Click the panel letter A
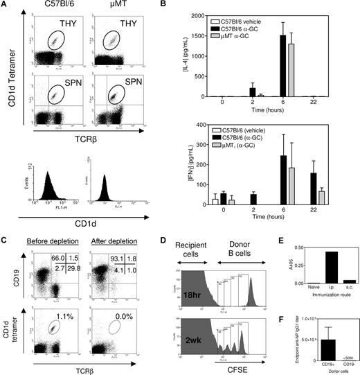[6, 6]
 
